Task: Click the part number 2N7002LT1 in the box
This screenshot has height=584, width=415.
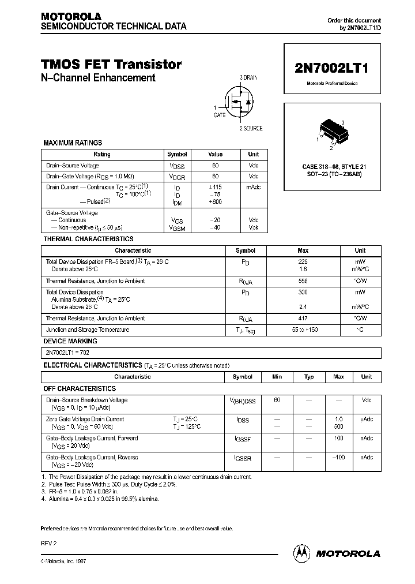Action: click(331, 67)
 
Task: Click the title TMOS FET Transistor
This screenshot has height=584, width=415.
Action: click(111, 65)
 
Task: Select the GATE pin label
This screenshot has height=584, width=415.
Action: click(219, 115)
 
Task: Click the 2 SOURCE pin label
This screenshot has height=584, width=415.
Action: click(251, 128)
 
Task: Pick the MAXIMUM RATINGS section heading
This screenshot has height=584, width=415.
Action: click(73, 143)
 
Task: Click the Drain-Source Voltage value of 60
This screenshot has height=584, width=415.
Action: click(215, 166)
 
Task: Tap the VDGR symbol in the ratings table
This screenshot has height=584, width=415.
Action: click(177, 177)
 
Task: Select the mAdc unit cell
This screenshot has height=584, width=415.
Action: click(253, 188)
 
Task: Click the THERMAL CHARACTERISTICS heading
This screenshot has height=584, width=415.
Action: click(88, 239)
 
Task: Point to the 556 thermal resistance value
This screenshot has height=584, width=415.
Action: click(303, 281)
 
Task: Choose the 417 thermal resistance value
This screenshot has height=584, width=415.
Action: click(303, 319)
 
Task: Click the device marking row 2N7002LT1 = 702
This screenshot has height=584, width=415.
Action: click(67, 352)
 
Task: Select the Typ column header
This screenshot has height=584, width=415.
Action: click(309, 377)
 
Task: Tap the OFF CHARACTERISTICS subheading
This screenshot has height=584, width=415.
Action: click(80, 389)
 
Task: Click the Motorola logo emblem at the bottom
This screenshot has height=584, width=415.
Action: click(302, 553)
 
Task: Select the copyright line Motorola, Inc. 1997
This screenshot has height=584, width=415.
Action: click(66, 561)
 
